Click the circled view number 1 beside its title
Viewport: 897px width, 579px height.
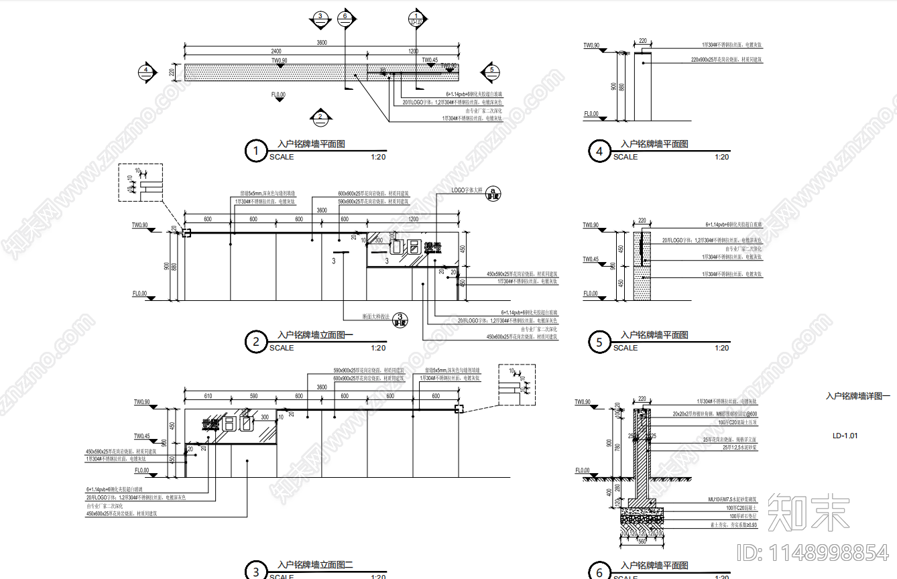click(x=255, y=151)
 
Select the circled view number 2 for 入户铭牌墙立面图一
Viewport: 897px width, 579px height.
click(x=255, y=342)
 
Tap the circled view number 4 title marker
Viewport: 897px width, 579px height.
click(x=599, y=151)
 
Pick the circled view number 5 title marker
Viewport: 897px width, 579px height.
click(x=599, y=342)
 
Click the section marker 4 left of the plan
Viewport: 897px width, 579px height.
click(x=146, y=70)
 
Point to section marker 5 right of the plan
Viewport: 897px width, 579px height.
click(x=491, y=70)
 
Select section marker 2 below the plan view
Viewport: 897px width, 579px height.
click(x=320, y=117)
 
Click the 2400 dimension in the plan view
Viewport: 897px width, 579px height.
click(x=276, y=51)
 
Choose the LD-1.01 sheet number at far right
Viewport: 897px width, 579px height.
click(x=845, y=436)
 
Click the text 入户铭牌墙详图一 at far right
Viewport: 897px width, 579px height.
click(x=857, y=397)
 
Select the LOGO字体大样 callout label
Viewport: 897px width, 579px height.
click(x=467, y=190)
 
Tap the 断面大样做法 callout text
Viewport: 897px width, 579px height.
click(x=376, y=316)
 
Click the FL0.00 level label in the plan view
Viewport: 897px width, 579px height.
click(x=278, y=95)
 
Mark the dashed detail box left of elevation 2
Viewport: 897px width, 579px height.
click(x=140, y=182)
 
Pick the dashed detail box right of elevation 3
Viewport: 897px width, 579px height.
click(x=517, y=385)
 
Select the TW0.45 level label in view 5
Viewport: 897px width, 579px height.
click(x=591, y=259)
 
